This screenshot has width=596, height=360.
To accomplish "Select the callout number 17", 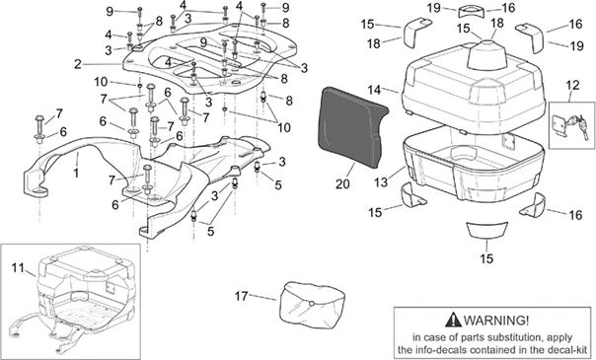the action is click(x=241, y=296).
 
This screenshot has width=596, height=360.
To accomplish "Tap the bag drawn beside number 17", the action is click(x=311, y=303).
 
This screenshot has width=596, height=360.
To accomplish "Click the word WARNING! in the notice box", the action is click(x=496, y=321).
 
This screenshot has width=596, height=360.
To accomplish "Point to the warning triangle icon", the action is click(x=453, y=320).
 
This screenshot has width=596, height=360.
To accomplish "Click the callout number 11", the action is click(x=18, y=267).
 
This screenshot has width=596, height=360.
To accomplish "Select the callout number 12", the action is click(x=572, y=85).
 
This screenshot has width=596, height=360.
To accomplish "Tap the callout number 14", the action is click(x=374, y=90).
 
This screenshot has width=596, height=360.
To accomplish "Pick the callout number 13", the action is click(x=381, y=182).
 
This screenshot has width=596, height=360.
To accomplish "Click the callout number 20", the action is click(x=342, y=183).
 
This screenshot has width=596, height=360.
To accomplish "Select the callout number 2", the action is click(x=78, y=64).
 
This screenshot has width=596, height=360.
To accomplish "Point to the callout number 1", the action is click(x=76, y=174).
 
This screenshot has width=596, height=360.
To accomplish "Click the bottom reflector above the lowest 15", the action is click(x=486, y=230).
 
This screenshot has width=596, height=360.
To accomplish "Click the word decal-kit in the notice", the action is click(x=566, y=349).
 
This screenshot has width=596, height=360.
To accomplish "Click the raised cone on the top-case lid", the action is click(x=484, y=53).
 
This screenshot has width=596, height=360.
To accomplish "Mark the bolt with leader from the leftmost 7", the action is click(x=39, y=126).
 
